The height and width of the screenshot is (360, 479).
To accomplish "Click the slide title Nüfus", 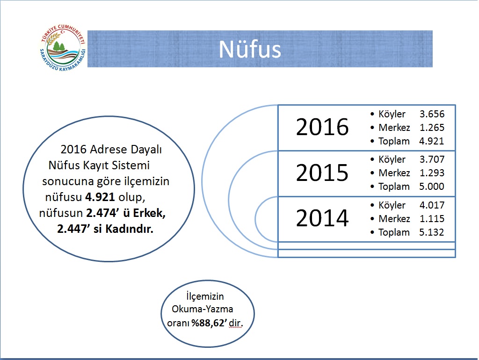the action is coord(250,49).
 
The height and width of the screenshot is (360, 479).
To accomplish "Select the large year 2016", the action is coord(322,127).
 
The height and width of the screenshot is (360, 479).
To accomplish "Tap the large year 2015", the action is coord(322,173).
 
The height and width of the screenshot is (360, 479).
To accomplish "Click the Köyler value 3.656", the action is coord(432,114).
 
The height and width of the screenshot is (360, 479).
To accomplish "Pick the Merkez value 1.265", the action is coord(432,127).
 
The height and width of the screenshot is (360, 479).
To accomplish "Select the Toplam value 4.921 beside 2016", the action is coord(432,141).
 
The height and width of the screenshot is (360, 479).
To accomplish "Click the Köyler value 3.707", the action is coord(432,159).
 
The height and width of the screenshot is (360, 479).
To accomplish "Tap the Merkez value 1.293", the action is coord(432,173).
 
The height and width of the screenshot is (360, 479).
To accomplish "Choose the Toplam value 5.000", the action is coord(432,186).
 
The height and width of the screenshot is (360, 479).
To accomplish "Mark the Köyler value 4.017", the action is coord(432,205).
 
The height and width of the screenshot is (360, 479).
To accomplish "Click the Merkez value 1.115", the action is coord(432,219).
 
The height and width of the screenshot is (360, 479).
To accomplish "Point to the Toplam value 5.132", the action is coord(432,232).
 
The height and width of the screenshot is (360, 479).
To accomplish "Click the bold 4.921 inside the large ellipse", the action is coord(100,197).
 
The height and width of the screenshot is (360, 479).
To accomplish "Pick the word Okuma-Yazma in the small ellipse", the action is coord(202,309).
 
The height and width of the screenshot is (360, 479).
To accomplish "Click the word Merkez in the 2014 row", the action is coord(394,219).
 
